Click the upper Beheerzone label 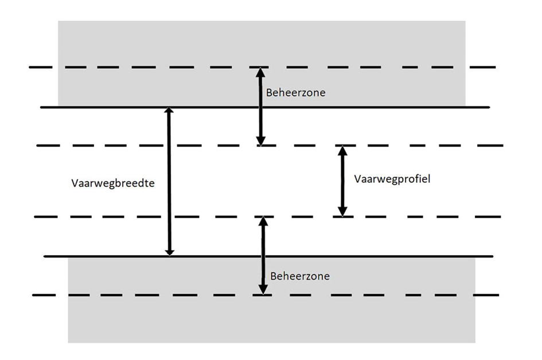click(295, 92)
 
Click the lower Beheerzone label click(300, 276)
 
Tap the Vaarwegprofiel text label click(392, 178)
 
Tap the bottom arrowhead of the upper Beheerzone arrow click(261, 140)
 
